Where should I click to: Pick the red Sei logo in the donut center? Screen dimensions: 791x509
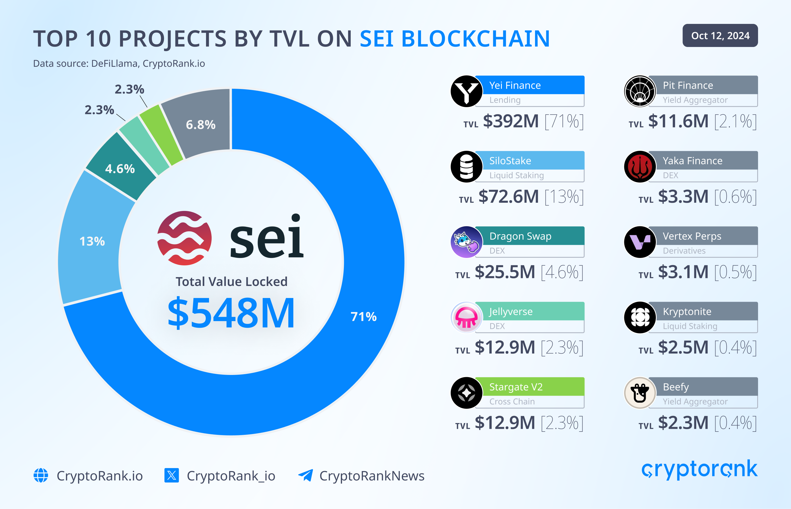(184, 238)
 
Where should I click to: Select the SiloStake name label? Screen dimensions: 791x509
(510, 161)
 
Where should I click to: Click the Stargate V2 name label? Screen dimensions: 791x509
(516, 387)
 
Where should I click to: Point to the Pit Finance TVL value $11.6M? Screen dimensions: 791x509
(678, 121)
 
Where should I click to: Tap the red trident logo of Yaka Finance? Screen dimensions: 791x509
(640, 166)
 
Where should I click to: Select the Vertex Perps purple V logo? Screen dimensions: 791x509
(640, 242)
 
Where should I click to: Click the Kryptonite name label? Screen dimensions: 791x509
(687, 311)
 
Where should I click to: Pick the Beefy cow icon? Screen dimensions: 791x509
(640, 393)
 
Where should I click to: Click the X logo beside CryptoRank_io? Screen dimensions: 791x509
(171, 475)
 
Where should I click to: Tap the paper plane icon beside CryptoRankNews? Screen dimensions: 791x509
(306, 475)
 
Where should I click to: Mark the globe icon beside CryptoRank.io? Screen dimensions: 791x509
(41, 475)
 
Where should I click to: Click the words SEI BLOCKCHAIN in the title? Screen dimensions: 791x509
(455, 39)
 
